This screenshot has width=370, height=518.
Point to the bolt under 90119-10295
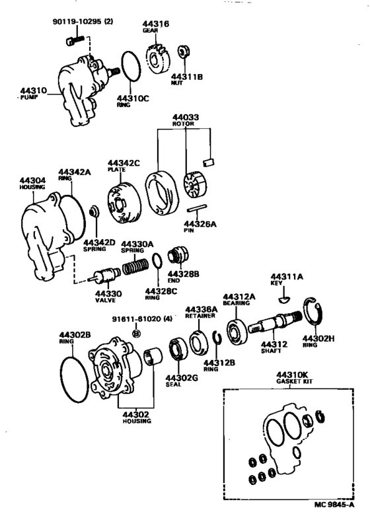73,44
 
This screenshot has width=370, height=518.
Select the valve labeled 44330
106,274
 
